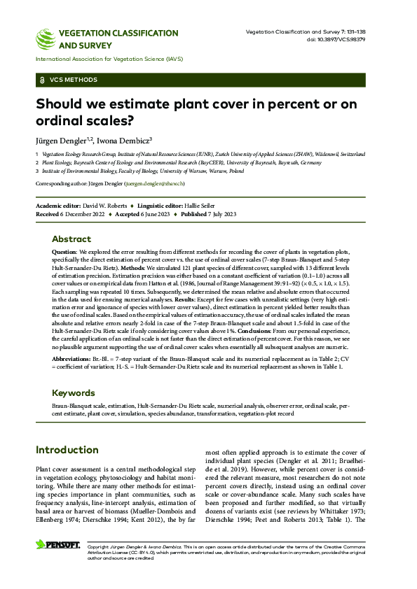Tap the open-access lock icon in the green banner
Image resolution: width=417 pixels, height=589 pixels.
(x=44, y=80)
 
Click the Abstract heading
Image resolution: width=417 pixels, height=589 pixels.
(x=71, y=239)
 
